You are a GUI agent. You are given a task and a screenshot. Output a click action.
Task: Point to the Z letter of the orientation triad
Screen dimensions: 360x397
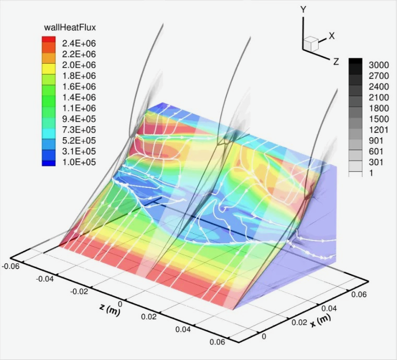pos(336,62)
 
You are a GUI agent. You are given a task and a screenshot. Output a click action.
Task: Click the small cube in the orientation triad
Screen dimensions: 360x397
pos(312,44)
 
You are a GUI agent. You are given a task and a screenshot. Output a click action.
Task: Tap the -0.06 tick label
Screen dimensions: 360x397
pos(10,266)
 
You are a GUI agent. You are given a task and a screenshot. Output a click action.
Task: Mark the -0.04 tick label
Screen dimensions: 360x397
pos(45,279)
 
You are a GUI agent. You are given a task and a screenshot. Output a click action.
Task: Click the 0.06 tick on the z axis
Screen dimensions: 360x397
pos(217,342)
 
